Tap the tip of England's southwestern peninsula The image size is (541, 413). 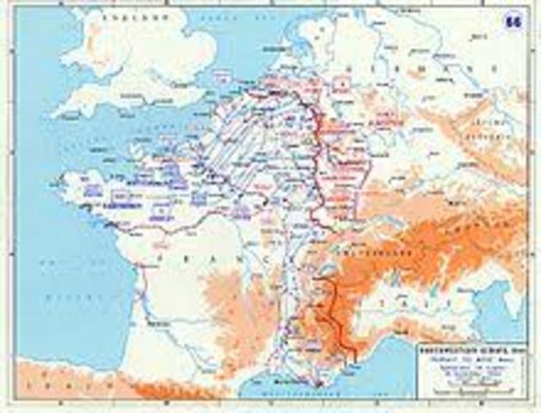point(55,113)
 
